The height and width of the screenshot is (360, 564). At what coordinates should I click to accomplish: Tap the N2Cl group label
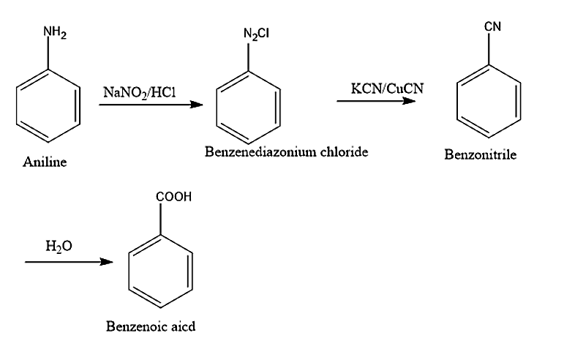[x=256, y=34]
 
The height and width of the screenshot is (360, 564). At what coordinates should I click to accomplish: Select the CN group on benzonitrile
[x=492, y=29]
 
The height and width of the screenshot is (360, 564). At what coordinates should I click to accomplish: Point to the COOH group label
[x=174, y=198]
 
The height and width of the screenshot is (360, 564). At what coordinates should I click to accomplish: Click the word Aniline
[x=45, y=162]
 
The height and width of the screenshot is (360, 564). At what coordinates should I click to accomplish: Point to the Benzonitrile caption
[x=480, y=154]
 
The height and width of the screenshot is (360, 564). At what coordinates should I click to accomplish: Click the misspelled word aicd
[x=183, y=326]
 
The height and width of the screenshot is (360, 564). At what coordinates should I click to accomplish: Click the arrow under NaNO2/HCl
[x=150, y=105]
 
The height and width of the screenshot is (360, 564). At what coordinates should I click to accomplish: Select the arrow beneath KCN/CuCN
[x=376, y=100]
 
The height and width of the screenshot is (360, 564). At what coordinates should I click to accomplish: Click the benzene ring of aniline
[x=49, y=106]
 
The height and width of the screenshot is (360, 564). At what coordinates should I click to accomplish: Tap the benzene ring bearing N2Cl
[x=250, y=108]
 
